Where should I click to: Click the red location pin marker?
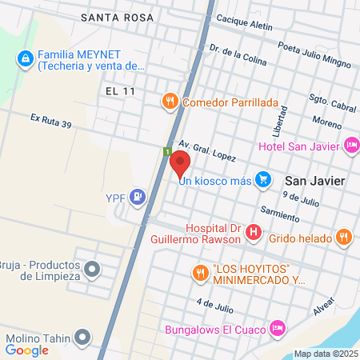(x=179, y=165)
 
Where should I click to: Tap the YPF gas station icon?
(x=139, y=195)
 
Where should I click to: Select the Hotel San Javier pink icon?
(x=350, y=145)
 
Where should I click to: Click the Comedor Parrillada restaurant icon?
(x=170, y=102)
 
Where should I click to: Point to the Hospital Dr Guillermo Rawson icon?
(x=254, y=233)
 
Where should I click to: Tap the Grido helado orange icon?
(x=343, y=236)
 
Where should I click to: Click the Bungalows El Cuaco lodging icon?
(x=278, y=328)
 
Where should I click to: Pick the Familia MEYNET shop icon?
(x=26, y=58)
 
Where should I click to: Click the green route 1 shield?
(x=167, y=152)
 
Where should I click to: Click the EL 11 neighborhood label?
(x=120, y=91)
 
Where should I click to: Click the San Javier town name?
(x=315, y=181)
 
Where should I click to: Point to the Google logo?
(x=27, y=349)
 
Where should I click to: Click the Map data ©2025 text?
(x=326, y=354)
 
